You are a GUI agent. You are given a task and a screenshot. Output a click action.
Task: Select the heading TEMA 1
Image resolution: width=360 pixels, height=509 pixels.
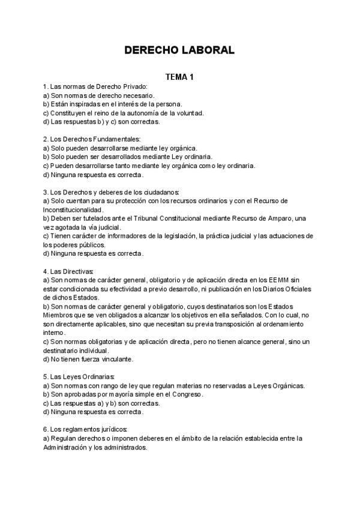click(x=180, y=77)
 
